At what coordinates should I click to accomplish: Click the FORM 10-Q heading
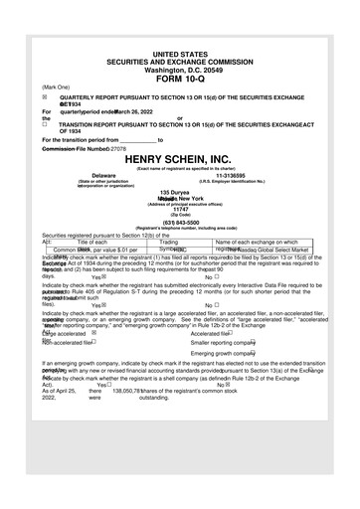click(x=179, y=78)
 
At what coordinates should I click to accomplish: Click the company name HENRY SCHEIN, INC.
click(x=179, y=159)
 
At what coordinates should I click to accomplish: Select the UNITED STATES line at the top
click(x=179, y=52)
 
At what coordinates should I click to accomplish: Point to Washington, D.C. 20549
click(x=179, y=69)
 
